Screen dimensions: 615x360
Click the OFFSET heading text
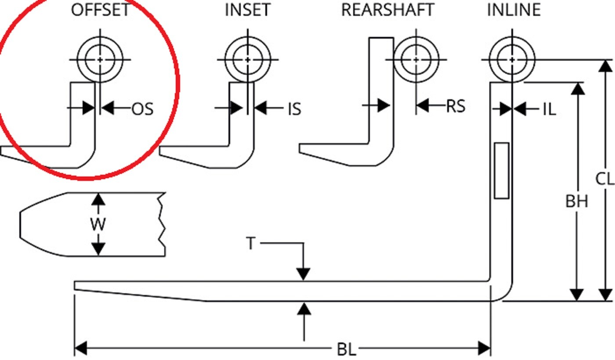click(x=100, y=10)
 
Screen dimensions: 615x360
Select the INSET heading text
click(x=248, y=10)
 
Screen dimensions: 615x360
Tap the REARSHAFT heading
click(x=387, y=10)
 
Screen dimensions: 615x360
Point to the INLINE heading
click(x=514, y=10)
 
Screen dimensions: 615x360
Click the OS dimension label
click(x=142, y=109)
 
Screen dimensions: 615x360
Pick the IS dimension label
click(x=295, y=109)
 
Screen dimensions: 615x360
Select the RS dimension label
click(x=456, y=106)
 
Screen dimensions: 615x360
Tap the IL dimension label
click(x=550, y=109)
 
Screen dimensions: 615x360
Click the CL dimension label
click(x=605, y=179)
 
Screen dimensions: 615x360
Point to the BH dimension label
click(x=577, y=202)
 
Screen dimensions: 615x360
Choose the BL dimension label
click(x=347, y=349)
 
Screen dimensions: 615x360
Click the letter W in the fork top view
click(x=98, y=224)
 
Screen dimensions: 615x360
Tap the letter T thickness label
click(x=251, y=243)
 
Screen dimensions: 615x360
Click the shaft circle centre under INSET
click(x=248, y=60)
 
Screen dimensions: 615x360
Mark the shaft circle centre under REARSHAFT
click(x=416, y=60)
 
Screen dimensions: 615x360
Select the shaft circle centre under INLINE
click(x=512, y=60)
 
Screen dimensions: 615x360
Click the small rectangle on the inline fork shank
click(x=502, y=171)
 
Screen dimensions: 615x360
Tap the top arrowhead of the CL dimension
click(x=605, y=66)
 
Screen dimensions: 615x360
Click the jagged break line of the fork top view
click(x=162, y=224)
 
